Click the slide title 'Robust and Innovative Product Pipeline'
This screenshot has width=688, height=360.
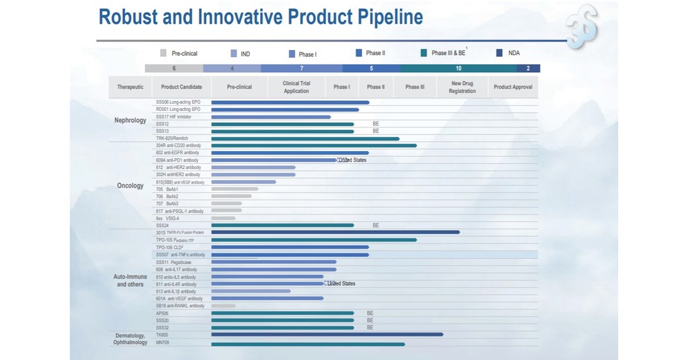260,17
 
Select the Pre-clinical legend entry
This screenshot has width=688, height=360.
179,54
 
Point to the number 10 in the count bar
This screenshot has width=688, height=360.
458,68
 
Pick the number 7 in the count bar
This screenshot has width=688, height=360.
301,68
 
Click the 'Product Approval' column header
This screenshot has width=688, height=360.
512,87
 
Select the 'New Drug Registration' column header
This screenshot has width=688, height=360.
462,87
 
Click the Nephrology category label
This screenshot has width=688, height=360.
130,120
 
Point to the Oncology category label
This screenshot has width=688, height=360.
130,186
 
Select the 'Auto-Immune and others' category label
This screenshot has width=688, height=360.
130,281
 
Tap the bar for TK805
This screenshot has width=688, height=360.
327,334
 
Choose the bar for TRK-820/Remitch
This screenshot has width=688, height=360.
305,138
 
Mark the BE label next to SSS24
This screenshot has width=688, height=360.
376,225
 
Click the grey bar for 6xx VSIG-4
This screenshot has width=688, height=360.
223,218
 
